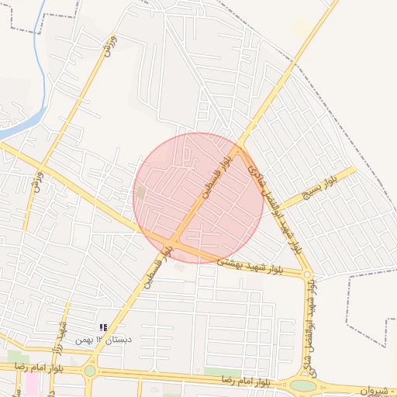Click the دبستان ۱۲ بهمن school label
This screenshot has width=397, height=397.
(103, 340)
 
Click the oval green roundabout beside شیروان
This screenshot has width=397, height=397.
(303, 385)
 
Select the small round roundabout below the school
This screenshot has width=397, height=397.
(90, 371)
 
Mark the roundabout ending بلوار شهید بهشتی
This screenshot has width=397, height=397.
(308, 274)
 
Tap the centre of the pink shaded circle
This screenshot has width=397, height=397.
(198, 198)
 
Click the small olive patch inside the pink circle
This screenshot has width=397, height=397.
(140, 191)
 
